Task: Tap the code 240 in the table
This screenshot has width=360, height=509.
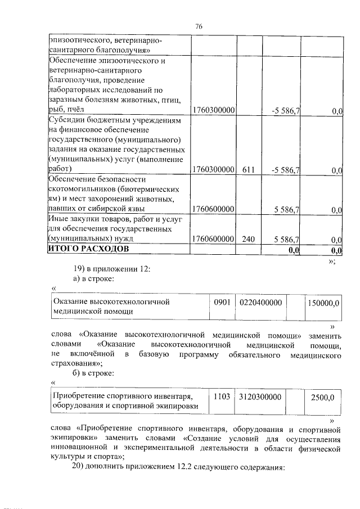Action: tap(249, 239)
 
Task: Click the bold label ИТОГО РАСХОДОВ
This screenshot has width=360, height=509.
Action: tap(88, 249)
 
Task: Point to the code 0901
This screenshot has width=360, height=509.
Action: tap(219, 303)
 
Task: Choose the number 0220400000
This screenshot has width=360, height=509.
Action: tap(260, 303)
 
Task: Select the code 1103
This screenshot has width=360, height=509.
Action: tap(219, 397)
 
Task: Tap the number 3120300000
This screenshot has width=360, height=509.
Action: tap(260, 397)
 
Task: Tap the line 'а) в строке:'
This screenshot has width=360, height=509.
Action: tap(94, 279)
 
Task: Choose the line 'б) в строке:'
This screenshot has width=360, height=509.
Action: tap(94, 373)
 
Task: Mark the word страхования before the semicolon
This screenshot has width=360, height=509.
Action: tap(73, 363)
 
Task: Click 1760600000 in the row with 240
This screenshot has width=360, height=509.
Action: tap(213, 239)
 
